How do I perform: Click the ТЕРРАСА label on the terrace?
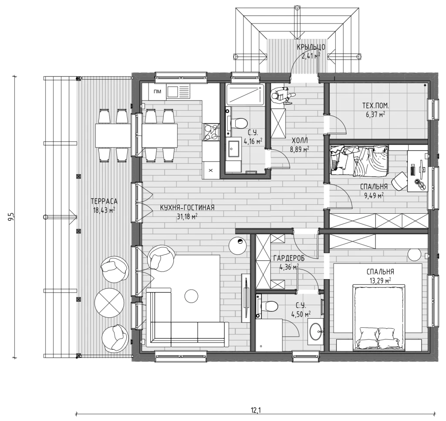[104, 202]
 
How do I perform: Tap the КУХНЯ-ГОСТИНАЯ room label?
[187, 208]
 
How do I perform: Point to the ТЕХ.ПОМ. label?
[375, 106]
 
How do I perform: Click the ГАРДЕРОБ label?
[289, 259]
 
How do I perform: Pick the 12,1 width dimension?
[256, 410]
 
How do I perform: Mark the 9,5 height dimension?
[11, 217]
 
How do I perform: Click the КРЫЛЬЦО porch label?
[311, 47]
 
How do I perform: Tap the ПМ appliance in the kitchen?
[157, 91]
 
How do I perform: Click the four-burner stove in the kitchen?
[211, 132]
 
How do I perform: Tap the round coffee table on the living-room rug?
[191, 296]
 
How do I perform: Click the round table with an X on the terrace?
[109, 303]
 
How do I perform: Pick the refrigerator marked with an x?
[211, 171]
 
